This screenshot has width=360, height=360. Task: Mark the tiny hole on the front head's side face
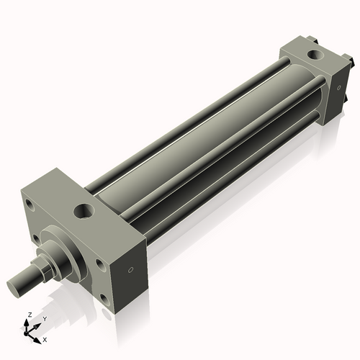pyautogui.click(x=130, y=271)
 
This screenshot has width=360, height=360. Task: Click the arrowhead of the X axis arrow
pyautogui.click(x=38, y=337)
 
